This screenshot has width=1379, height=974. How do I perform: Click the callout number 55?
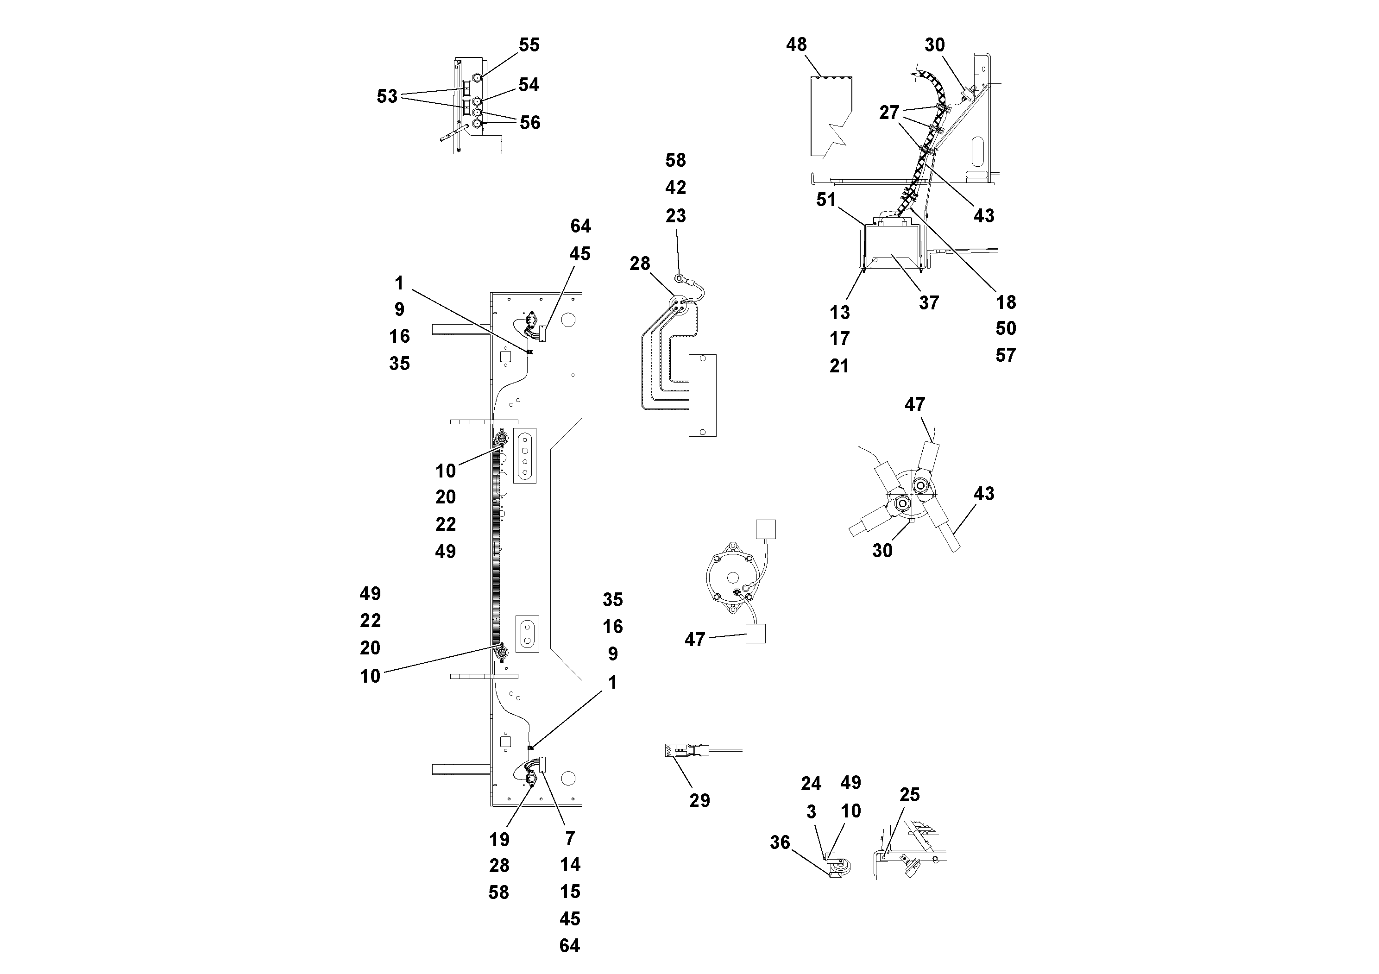(x=529, y=45)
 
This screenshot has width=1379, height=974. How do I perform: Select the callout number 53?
(x=387, y=96)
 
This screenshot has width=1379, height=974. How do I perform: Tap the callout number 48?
(x=796, y=44)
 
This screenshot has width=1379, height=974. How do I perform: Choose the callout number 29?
(x=699, y=800)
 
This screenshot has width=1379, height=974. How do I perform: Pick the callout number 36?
(x=780, y=842)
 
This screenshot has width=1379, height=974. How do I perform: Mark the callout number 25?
(x=909, y=795)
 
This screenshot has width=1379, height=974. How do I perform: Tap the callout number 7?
(x=569, y=838)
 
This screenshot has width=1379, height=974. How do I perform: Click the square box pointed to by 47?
(x=755, y=634)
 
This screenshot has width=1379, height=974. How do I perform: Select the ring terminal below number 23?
(x=679, y=277)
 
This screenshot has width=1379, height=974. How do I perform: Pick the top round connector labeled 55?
(x=476, y=78)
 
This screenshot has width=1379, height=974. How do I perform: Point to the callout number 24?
(x=811, y=784)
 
